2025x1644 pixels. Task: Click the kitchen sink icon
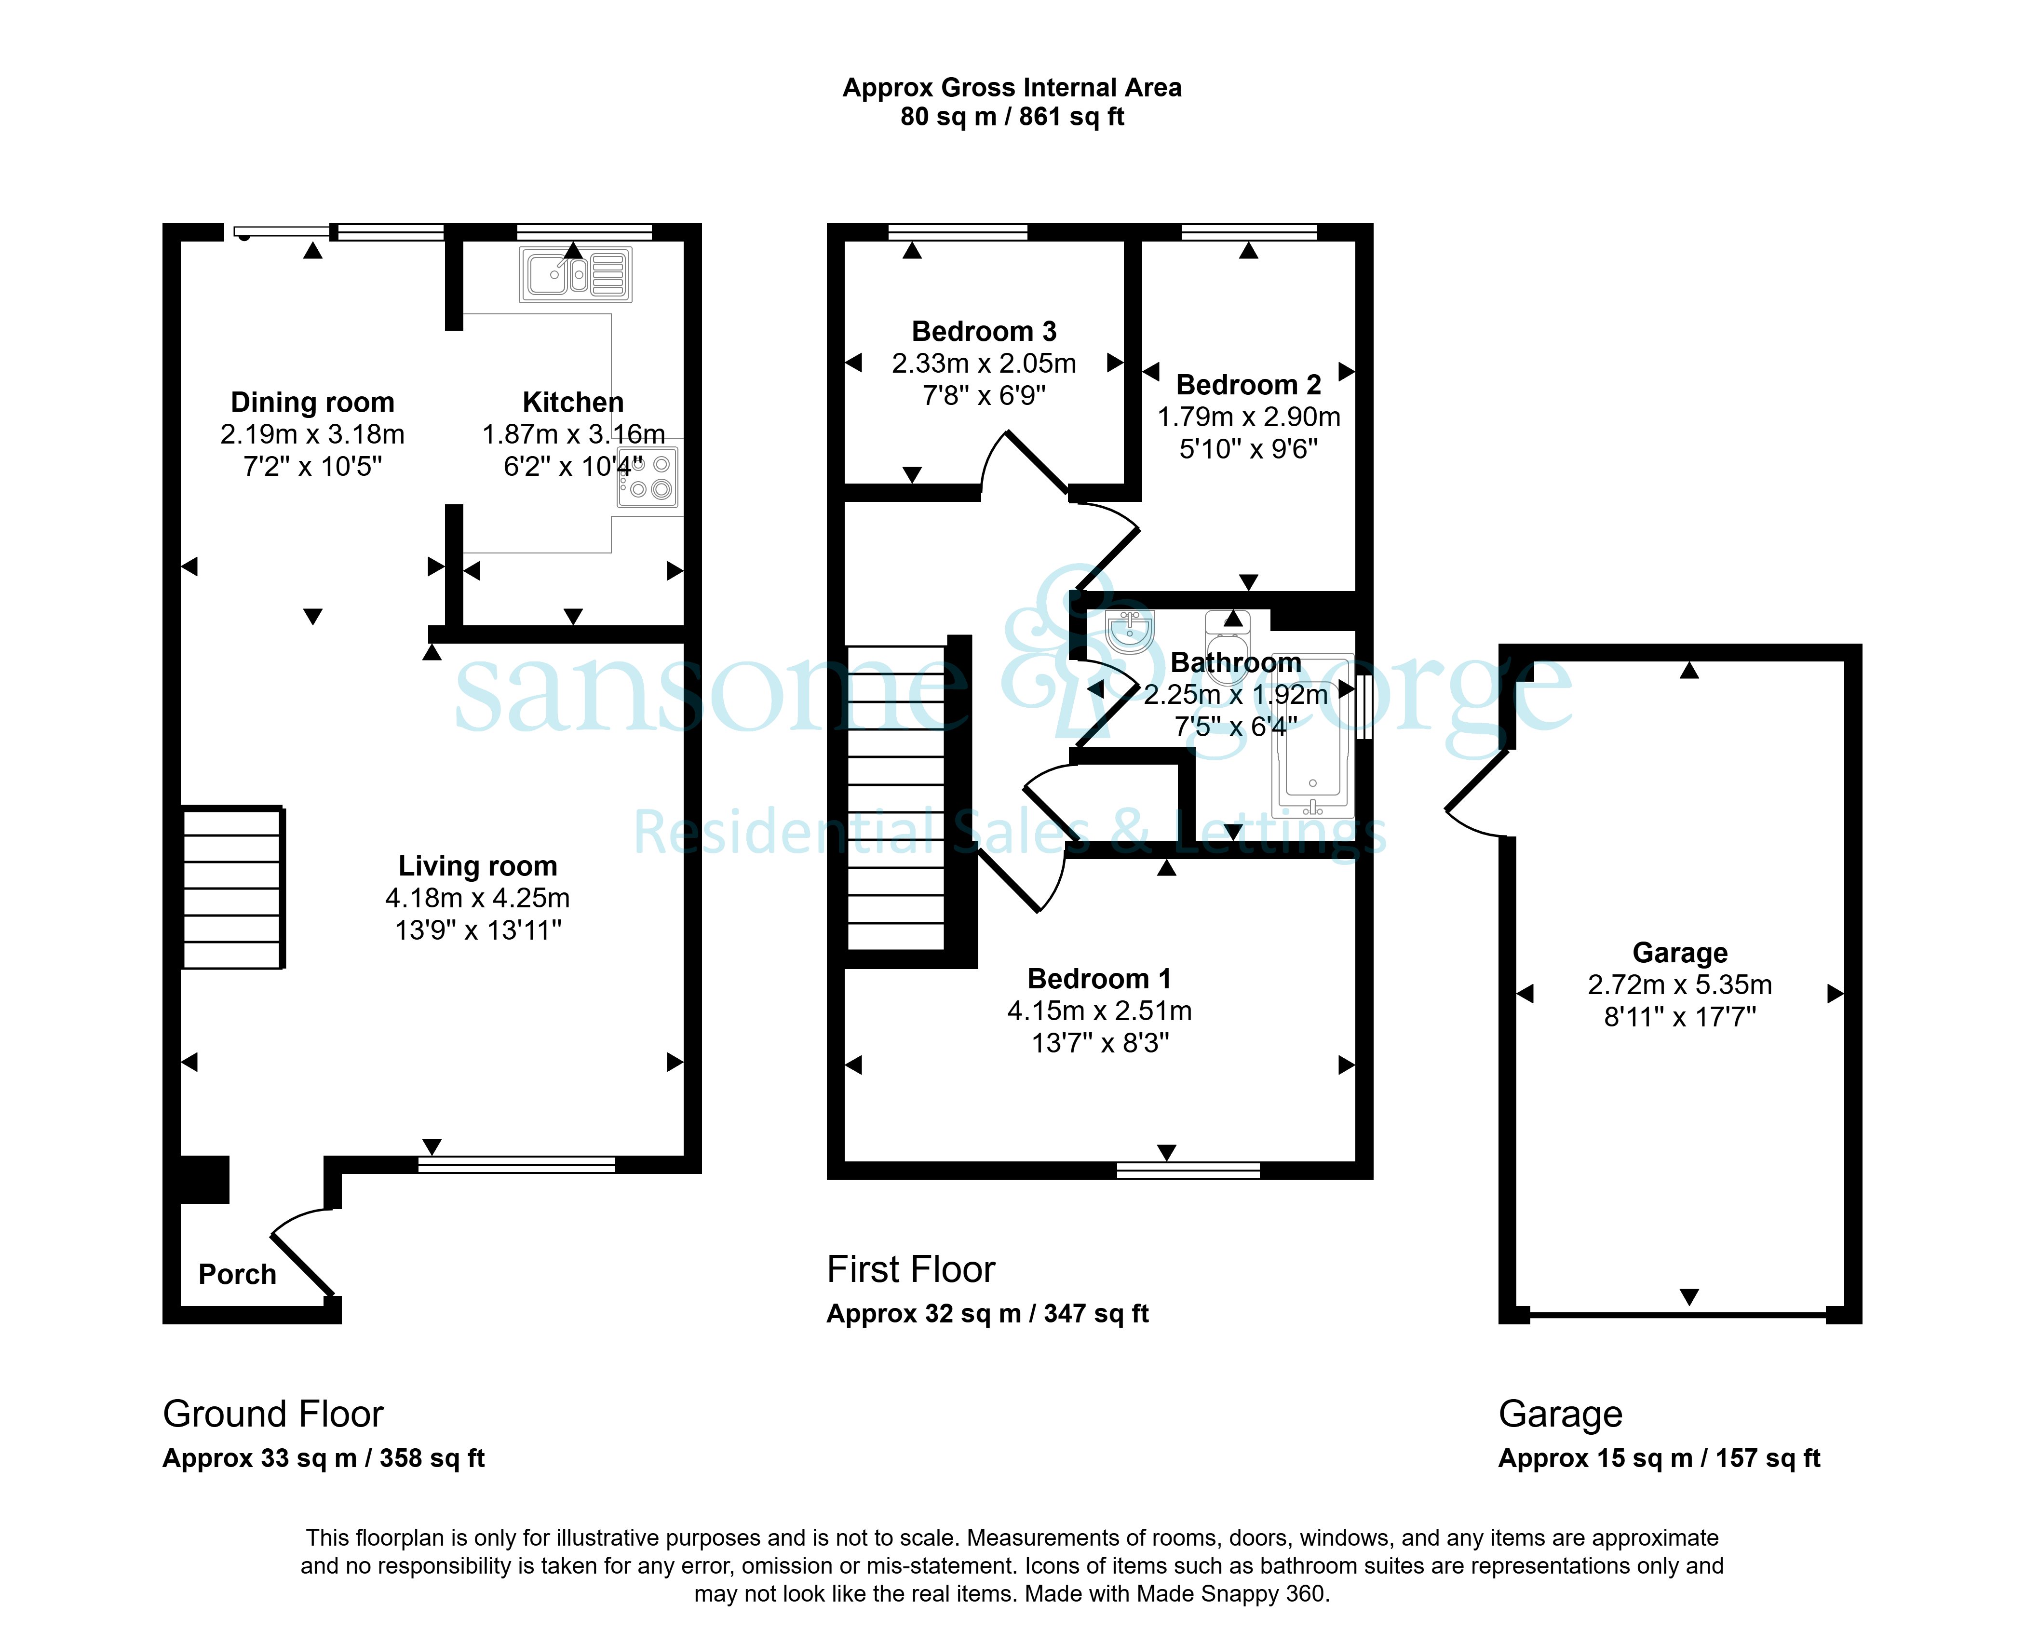pyautogui.click(x=575, y=275)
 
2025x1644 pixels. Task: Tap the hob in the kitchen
pyautogui.click(x=648, y=476)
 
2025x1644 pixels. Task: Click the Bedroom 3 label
pyautogui.click(x=984, y=332)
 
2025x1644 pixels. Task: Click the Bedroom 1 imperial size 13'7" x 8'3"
pyautogui.click(x=1100, y=1043)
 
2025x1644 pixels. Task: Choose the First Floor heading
pyautogui.click(x=911, y=1269)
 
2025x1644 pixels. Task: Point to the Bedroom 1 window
pyautogui.click(x=1188, y=1171)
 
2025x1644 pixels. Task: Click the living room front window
pyautogui.click(x=517, y=1165)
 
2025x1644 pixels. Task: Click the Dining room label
pyautogui.click(x=312, y=403)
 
